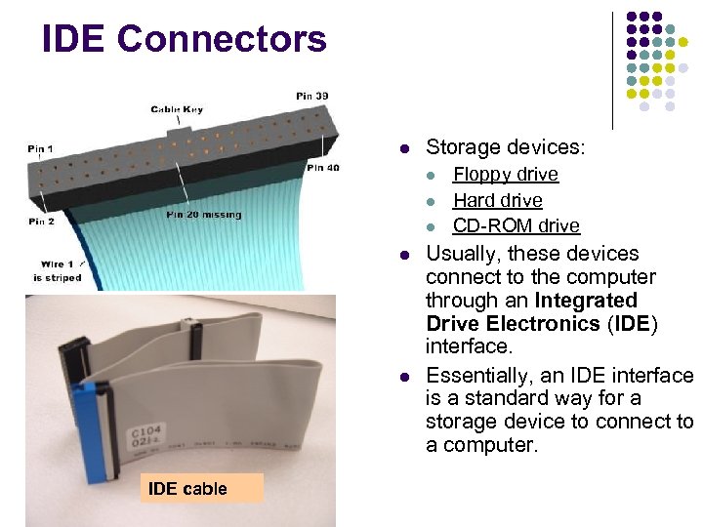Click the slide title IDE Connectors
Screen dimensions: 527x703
184,40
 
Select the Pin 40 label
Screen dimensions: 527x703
323,168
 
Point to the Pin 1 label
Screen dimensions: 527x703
41,149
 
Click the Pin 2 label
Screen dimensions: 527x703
41,222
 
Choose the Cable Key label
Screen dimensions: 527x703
177,109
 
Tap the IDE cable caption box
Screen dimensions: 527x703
201,488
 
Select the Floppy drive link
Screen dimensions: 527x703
505,175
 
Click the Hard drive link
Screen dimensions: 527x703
497,200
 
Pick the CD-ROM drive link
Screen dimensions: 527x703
516,225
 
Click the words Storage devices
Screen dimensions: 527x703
505,148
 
